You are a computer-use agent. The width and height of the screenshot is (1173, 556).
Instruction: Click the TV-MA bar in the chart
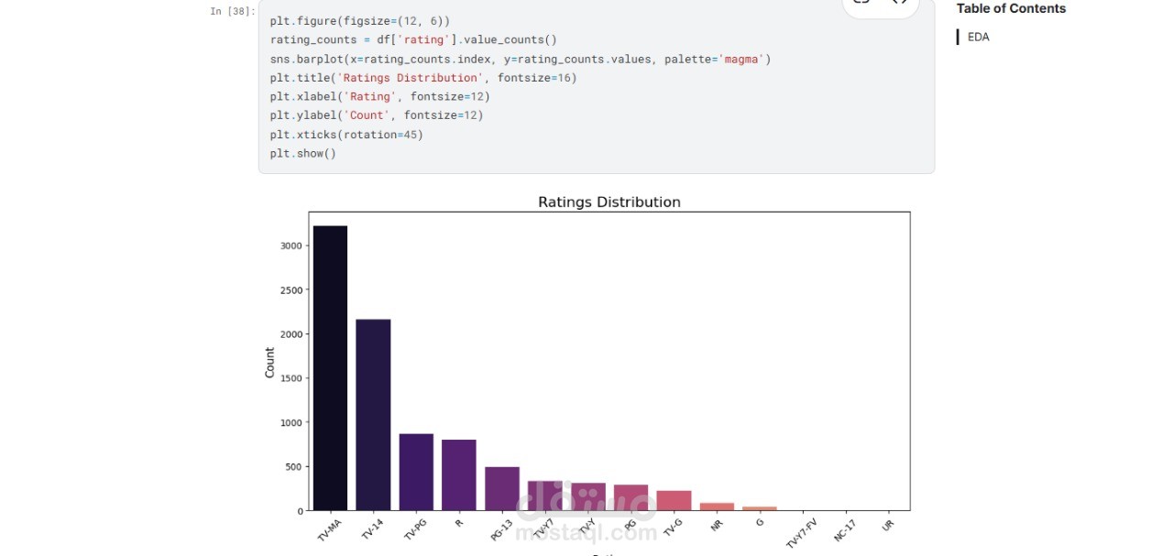click(x=330, y=366)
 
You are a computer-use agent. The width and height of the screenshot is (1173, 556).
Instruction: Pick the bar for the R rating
click(x=459, y=474)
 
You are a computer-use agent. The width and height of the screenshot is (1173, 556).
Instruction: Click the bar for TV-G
click(x=674, y=500)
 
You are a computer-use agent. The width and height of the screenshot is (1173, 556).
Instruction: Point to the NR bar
click(x=717, y=507)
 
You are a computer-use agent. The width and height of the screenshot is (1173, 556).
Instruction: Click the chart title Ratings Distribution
click(x=608, y=202)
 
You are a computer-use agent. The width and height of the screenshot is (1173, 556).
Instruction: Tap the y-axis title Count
click(x=269, y=362)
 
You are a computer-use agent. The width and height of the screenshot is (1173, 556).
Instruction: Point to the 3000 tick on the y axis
click(x=291, y=245)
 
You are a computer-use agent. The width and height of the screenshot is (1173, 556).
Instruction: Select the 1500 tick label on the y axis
click(x=291, y=378)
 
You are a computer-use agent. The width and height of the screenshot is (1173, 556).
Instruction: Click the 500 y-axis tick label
click(x=293, y=466)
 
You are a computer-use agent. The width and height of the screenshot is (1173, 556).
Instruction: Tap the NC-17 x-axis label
click(x=846, y=530)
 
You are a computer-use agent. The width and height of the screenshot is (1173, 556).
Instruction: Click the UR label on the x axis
click(x=887, y=525)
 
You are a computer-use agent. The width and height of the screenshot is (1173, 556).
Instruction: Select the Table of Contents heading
click(x=1011, y=9)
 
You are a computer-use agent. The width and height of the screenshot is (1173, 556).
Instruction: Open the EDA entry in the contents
click(x=978, y=38)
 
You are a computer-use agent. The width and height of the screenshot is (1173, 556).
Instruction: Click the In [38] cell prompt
click(x=233, y=12)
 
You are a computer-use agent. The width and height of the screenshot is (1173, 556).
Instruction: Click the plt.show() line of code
click(x=303, y=154)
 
